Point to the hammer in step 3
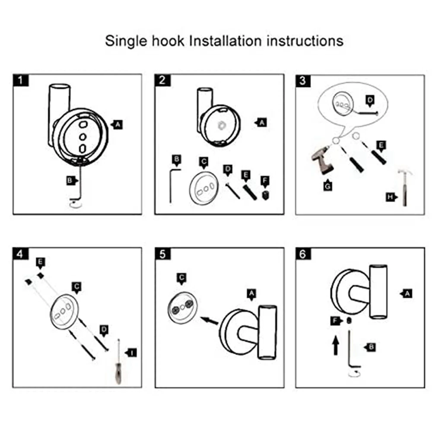[405, 186]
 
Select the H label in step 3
[391, 197]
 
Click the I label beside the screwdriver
[132, 353]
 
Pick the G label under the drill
[327, 186]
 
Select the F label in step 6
[334, 321]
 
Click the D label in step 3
[370, 100]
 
